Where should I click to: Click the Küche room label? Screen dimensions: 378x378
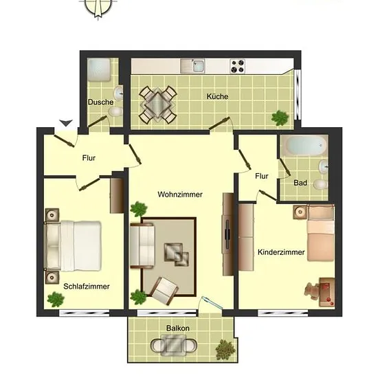pos(217,96)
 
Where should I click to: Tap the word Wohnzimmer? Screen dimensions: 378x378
pos(180,194)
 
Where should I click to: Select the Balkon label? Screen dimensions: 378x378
pos(178,328)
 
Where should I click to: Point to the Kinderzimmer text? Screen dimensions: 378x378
pos(281,252)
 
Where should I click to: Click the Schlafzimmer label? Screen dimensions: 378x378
pos(87,287)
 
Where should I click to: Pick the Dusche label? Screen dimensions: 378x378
pos(100,102)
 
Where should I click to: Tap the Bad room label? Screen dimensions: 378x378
pos(300,183)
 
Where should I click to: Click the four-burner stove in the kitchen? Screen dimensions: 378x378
pos(238,66)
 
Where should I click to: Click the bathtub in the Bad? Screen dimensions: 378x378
pos(304,146)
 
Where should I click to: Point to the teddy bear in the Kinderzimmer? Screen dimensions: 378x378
pos(313,291)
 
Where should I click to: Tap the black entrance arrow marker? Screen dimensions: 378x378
pos(66,123)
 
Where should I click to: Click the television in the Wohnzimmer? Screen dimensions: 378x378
pos(227,234)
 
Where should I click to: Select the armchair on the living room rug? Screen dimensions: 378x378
pos(164,291)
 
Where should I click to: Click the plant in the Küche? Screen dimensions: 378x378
pos(280,118)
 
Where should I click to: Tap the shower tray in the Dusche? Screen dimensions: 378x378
pos(99,69)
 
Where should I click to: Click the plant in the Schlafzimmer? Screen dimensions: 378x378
pos(56,300)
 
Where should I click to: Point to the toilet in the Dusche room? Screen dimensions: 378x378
pos(115,112)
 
